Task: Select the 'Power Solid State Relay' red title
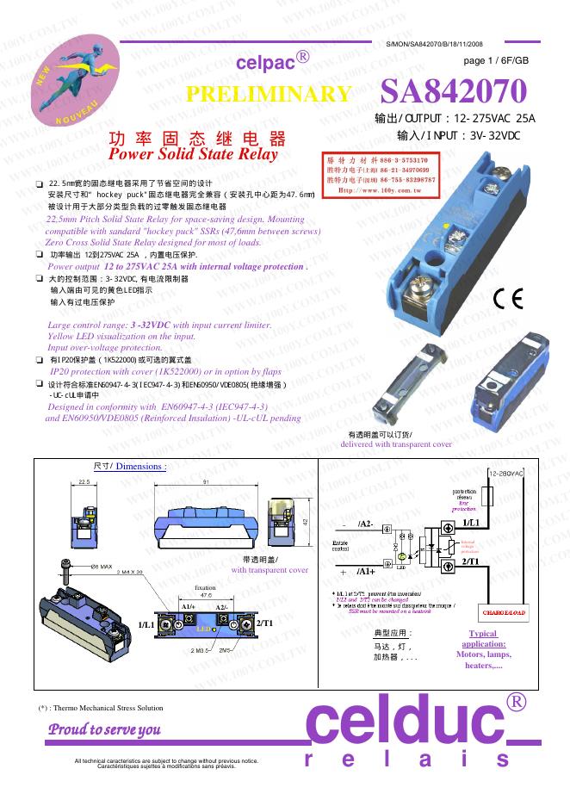click(x=195, y=155)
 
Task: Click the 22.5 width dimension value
click(x=84, y=481)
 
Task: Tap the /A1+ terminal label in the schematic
click(x=363, y=570)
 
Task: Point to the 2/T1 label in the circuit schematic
click(x=470, y=561)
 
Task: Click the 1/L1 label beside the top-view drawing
click(x=147, y=623)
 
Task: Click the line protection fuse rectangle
click(x=491, y=497)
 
